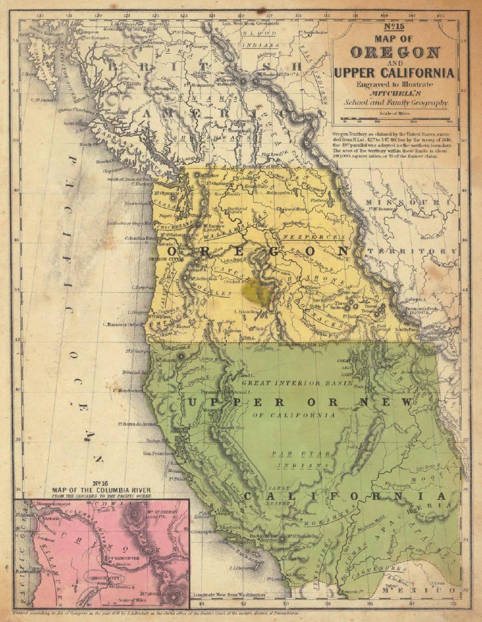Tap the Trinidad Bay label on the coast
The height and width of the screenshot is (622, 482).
[x=138, y=372]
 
